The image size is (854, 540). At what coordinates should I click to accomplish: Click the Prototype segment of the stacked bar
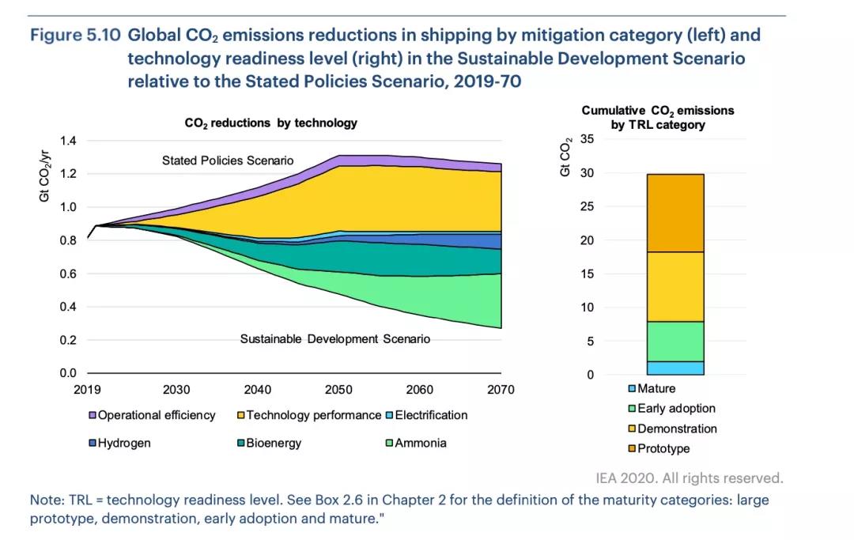click(675, 213)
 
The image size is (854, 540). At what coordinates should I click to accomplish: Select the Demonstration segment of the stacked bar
click(675, 286)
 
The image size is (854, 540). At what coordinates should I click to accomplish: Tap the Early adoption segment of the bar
click(675, 342)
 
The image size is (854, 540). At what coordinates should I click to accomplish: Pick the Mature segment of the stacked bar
click(675, 368)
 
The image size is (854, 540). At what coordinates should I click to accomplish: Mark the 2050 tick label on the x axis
click(338, 389)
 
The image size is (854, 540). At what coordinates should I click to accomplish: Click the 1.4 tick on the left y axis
click(69, 141)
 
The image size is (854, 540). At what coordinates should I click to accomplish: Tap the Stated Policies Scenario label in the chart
click(228, 160)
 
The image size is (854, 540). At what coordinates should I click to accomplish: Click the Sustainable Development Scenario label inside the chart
click(335, 339)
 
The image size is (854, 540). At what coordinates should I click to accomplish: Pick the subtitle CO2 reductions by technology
click(271, 123)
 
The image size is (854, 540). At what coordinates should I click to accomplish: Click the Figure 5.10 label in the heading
click(74, 36)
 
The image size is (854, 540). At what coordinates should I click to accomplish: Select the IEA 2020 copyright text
click(689, 478)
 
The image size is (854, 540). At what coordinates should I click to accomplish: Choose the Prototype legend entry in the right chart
click(663, 449)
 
